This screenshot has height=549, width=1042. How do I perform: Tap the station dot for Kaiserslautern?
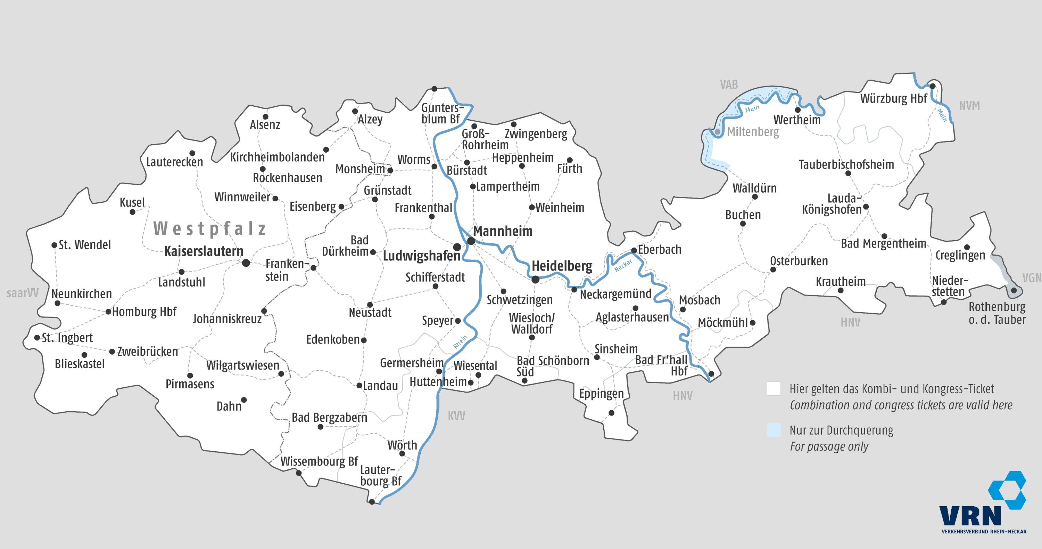click(x=246, y=263)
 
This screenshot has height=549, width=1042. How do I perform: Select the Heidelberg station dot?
click(x=535, y=279)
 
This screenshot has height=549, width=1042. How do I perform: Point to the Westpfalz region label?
click(x=210, y=229)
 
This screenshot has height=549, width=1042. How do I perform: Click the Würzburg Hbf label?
click(x=893, y=98)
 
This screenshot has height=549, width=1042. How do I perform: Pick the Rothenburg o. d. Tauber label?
click(x=997, y=313)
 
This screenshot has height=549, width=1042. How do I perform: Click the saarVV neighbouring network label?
click(x=23, y=293)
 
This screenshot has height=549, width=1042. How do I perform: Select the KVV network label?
click(x=456, y=416)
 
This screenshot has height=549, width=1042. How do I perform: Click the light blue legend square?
click(x=774, y=430)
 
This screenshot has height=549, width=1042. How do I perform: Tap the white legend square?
click(x=774, y=389)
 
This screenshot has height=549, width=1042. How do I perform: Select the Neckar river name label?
click(x=623, y=266)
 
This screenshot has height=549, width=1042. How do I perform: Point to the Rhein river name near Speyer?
click(x=460, y=342)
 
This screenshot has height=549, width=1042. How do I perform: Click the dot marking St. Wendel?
click(x=54, y=245)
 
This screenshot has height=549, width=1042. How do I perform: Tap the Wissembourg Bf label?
click(x=319, y=461)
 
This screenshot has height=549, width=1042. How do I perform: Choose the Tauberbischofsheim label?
click(x=846, y=164)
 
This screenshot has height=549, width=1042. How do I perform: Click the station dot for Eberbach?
click(x=634, y=250)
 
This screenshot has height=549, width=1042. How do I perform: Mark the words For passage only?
click(x=829, y=446)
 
